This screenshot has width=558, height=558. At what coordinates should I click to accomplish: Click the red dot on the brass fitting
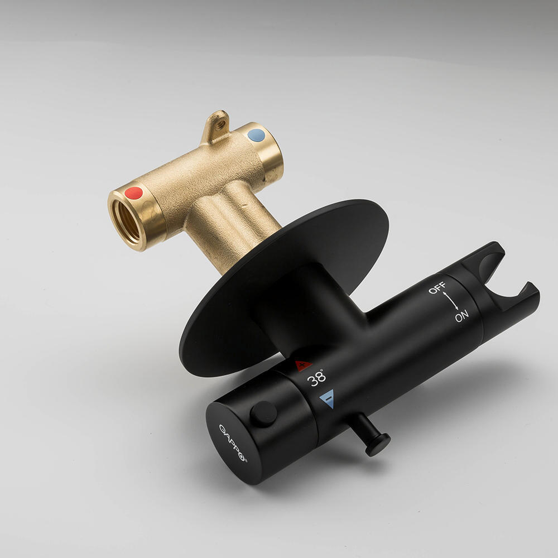click(x=133, y=193)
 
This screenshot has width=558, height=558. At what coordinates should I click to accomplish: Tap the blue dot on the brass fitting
click(x=256, y=135)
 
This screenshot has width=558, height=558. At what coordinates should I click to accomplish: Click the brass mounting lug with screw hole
click(x=217, y=125)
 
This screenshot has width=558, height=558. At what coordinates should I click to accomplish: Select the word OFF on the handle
click(x=437, y=287)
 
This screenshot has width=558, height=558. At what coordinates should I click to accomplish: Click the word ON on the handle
click(x=461, y=316)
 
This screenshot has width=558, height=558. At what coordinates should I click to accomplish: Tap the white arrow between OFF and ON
click(x=450, y=301)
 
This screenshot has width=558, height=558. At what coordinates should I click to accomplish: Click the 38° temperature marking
click(x=316, y=378)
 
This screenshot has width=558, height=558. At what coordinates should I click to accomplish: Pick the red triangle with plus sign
click(x=303, y=365)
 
